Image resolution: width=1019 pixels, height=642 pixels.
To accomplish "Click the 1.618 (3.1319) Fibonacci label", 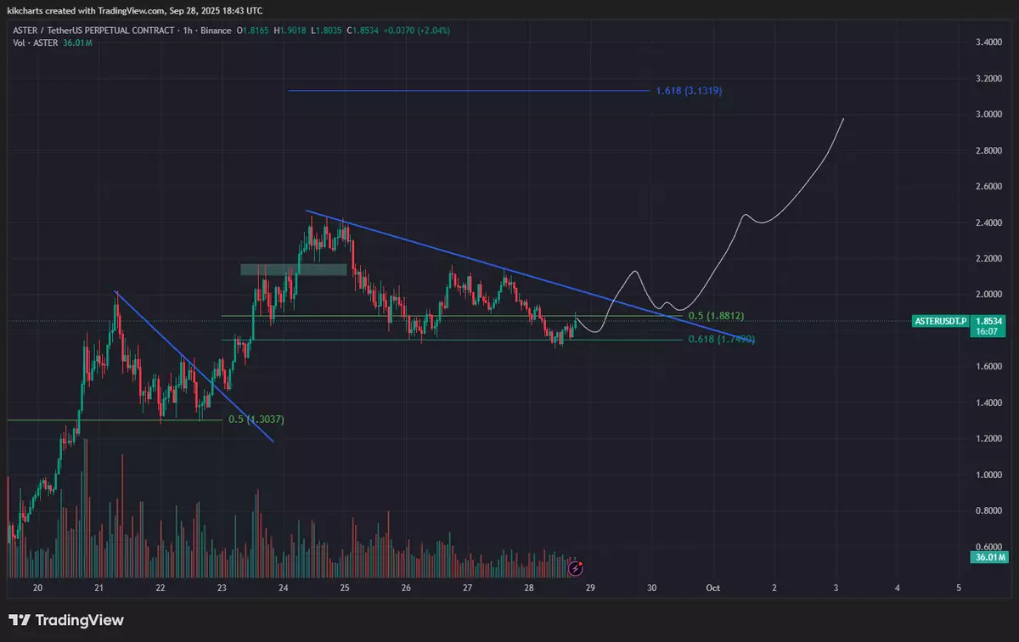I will pyautogui.click(x=689, y=91).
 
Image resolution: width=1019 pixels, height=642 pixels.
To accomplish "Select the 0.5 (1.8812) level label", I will pyautogui.click(x=715, y=316).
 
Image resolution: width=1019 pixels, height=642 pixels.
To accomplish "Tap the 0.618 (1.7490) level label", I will pyautogui.click(x=721, y=340).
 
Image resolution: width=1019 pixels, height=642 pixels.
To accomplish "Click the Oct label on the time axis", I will pyautogui.click(x=714, y=588).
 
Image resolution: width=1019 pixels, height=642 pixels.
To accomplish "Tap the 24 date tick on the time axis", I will pyautogui.click(x=284, y=588).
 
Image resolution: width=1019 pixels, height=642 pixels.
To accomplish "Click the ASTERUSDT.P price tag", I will pyautogui.click(x=938, y=321).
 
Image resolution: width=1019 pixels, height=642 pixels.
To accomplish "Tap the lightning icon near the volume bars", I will pyautogui.click(x=575, y=566).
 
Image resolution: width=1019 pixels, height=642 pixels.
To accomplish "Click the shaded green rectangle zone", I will pyautogui.click(x=293, y=269).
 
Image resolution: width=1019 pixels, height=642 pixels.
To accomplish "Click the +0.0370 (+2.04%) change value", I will pyautogui.click(x=416, y=31).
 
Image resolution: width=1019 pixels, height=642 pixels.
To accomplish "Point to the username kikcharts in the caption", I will pyautogui.click(x=26, y=9).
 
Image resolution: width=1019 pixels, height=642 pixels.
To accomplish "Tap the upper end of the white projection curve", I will pyautogui.click(x=843, y=119).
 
